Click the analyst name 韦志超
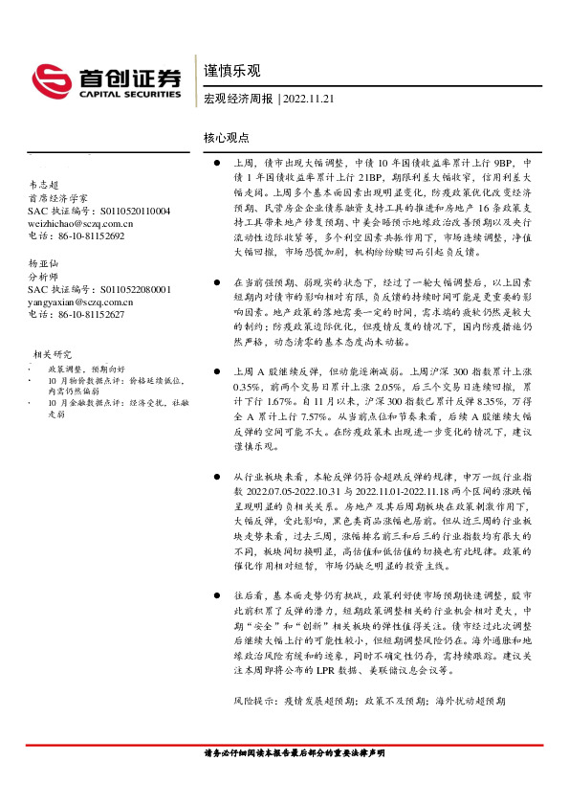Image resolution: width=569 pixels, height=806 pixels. coord(44,183)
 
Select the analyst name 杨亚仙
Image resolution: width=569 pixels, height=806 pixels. coord(44,261)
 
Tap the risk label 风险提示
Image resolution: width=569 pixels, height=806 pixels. coord(255,701)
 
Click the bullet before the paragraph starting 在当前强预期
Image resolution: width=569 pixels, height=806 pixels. coord(218,284)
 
